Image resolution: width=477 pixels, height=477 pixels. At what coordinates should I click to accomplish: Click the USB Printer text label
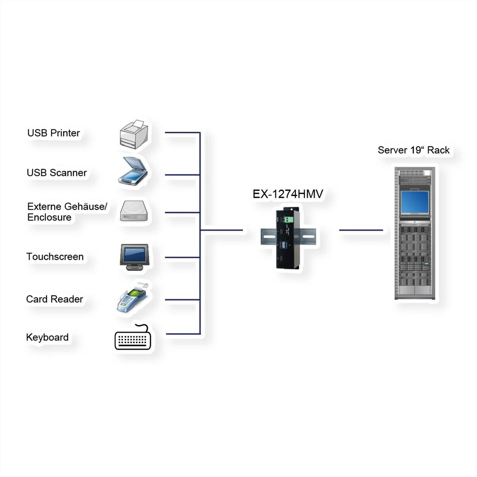point(54,133)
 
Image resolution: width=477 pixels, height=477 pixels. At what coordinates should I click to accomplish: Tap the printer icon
point(134,134)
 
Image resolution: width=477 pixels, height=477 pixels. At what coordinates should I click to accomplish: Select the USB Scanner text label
point(57,173)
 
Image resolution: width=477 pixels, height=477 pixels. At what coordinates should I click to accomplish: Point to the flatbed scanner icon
point(133,171)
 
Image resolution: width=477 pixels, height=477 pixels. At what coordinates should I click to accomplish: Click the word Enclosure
point(49,217)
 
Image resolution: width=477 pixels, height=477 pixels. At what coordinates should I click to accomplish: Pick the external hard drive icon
point(134,211)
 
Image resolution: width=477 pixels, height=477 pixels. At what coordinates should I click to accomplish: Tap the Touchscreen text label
point(55,257)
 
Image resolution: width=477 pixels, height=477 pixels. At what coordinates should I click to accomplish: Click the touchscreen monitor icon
point(134,257)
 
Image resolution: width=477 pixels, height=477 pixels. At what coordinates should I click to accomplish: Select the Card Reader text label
point(54,299)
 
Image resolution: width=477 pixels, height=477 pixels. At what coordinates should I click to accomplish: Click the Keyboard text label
point(47,337)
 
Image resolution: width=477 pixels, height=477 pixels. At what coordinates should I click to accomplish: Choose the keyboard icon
point(133,337)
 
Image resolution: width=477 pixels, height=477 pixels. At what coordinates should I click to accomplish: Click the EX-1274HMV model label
point(288,194)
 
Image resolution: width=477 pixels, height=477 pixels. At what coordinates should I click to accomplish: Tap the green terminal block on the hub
point(289,219)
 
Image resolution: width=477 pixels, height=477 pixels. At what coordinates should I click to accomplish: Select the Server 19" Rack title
point(414,150)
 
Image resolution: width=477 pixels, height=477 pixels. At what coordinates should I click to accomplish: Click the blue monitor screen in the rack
point(415,202)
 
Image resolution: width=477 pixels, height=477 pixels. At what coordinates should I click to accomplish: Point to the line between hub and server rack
point(361,230)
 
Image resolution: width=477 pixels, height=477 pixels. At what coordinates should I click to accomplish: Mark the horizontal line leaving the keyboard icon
point(183,334)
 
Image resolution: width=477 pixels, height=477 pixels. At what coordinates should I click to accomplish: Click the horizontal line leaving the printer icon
point(182,133)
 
